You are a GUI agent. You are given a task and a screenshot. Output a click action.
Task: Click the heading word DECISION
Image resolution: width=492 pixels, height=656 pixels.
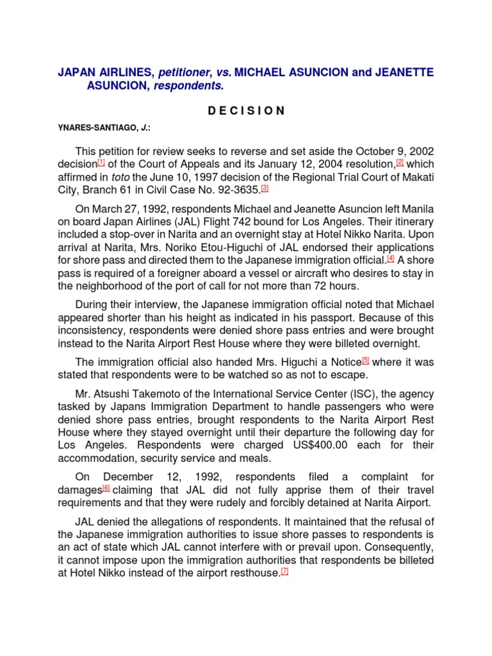(x=246, y=110)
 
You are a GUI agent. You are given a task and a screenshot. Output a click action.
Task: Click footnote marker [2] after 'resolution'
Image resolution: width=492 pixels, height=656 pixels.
(x=400, y=163)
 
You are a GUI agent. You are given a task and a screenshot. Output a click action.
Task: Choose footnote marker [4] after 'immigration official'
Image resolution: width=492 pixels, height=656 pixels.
(x=391, y=258)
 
